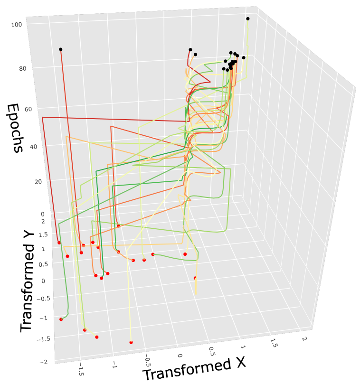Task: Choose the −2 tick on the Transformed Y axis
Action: coord(44,362)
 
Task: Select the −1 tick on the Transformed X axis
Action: coord(114,365)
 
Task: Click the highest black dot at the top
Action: coord(247,19)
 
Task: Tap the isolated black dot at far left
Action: coord(60,49)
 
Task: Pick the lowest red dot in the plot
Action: coord(131,342)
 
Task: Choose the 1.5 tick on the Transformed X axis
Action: coord(273,343)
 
